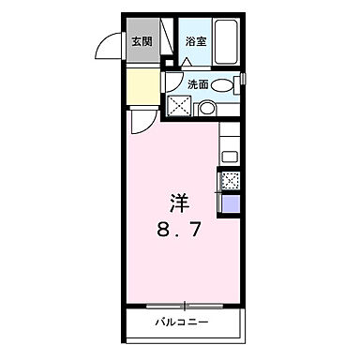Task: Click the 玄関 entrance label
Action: click(141, 41)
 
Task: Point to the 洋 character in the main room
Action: click(181, 201)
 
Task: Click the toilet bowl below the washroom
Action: click(206, 109)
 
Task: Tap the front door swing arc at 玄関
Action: click(111, 47)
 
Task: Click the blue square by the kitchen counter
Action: click(230, 203)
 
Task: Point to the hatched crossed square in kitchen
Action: click(230, 180)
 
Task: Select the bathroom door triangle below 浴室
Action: click(187, 61)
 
